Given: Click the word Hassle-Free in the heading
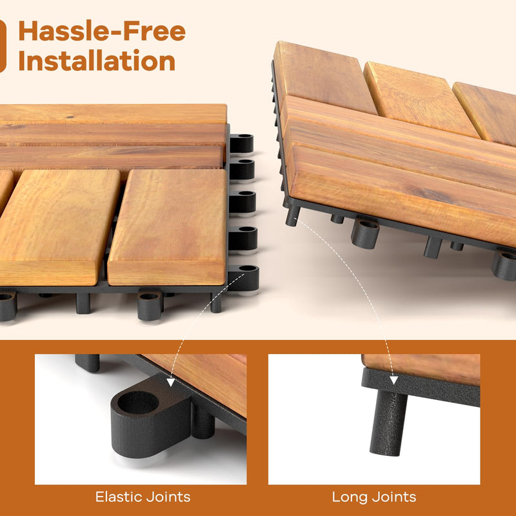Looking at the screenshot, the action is pyautogui.click(x=102, y=31).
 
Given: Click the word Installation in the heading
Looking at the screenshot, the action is pyautogui.click(x=97, y=61).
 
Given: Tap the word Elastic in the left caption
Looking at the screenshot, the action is pyautogui.click(x=119, y=497).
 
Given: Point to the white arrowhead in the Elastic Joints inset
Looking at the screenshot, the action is pyautogui.click(x=170, y=382).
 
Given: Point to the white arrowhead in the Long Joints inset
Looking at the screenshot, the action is pyautogui.click(x=393, y=380).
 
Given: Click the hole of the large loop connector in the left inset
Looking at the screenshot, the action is pyautogui.click(x=138, y=402).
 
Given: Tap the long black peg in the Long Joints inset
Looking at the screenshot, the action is pyautogui.click(x=388, y=423).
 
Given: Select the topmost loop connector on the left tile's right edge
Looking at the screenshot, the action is pyautogui.click(x=241, y=143).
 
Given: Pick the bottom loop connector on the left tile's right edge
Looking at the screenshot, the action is pyautogui.click(x=243, y=279).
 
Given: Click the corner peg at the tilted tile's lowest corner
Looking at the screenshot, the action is pyautogui.click(x=292, y=215).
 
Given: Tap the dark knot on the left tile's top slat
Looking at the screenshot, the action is pyautogui.click(x=70, y=117).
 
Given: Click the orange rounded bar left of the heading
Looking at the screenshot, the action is pyautogui.click(x=3, y=46).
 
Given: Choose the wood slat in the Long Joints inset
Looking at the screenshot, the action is pyautogui.click(x=421, y=369).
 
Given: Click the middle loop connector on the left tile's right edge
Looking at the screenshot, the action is pyautogui.click(x=243, y=202).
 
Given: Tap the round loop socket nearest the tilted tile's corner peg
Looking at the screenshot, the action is pyautogui.click(x=365, y=233).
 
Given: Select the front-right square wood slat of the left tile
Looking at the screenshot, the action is pyautogui.click(x=168, y=227).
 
